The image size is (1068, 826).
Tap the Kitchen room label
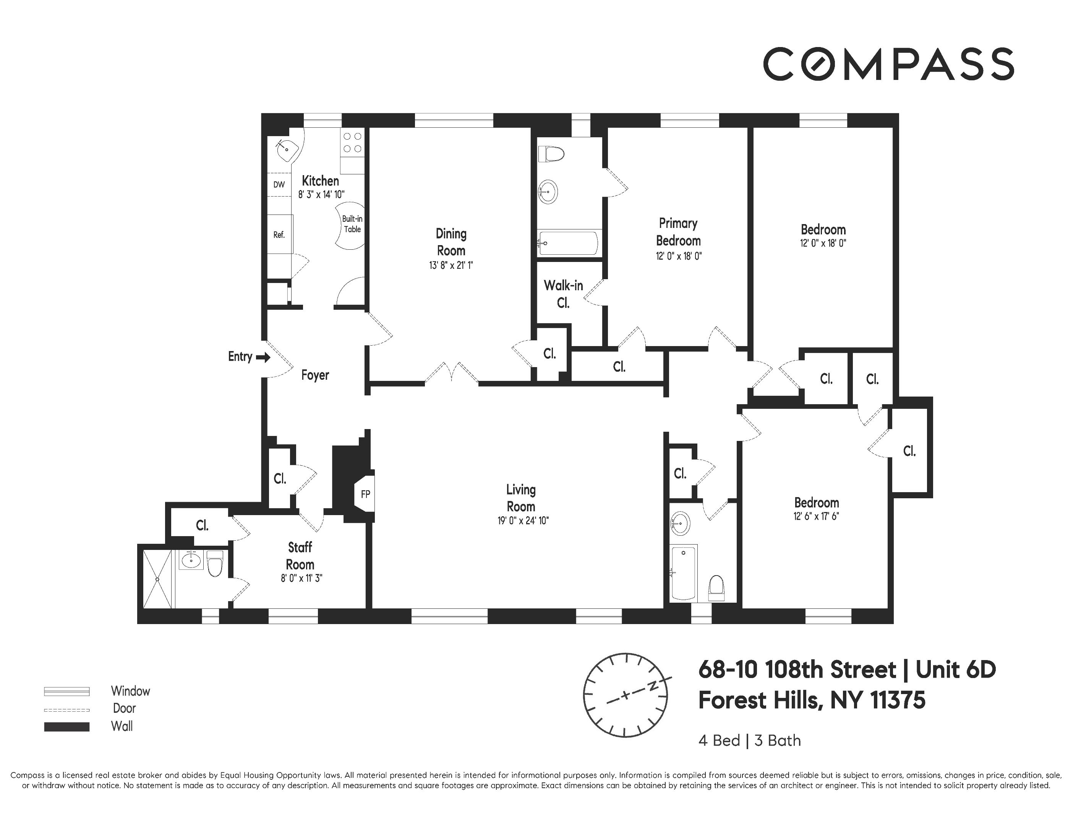click(x=320, y=180)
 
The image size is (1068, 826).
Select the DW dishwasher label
click(x=279, y=184)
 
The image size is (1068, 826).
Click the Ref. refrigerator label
click(x=279, y=235)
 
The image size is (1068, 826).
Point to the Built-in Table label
click(x=352, y=224)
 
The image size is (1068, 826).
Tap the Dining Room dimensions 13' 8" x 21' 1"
click(x=451, y=266)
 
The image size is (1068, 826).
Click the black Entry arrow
click(x=263, y=358)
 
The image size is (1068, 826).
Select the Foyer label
click(x=315, y=375)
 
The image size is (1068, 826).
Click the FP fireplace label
click(x=365, y=494)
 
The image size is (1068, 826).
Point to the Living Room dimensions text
click(x=523, y=521)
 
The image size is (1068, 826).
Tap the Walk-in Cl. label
click(x=563, y=294)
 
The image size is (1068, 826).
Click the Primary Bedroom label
click(x=678, y=232)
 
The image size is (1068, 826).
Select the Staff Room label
click(x=300, y=556)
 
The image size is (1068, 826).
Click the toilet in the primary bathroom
click(x=551, y=154)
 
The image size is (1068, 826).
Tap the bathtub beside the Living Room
click(x=684, y=573)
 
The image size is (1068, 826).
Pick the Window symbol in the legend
click(x=66, y=691)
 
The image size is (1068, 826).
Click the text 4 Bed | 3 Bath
click(x=749, y=741)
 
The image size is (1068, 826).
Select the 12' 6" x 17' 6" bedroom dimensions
click(x=816, y=516)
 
